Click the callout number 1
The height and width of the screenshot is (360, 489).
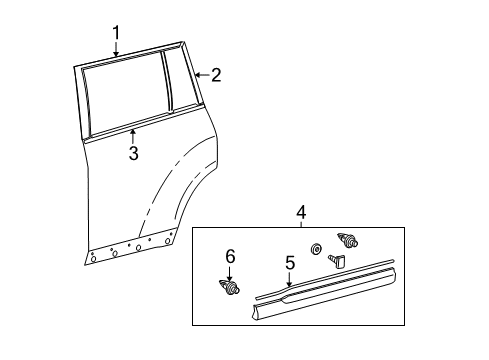[x=116, y=32]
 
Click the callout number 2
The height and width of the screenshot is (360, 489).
[x=216, y=74]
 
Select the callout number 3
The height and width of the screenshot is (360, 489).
[x=132, y=152]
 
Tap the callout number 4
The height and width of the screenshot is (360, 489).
[x=301, y=212]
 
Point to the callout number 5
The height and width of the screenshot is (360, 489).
[x=290, y=263]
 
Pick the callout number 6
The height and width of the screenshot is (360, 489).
[x=230, y=258]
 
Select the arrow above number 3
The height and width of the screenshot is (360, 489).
[x=132, y=131]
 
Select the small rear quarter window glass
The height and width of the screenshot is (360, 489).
[x=181, y=78]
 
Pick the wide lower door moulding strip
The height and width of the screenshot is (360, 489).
[x=330, y=301]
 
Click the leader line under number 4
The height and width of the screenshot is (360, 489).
[x=301, y=223]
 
